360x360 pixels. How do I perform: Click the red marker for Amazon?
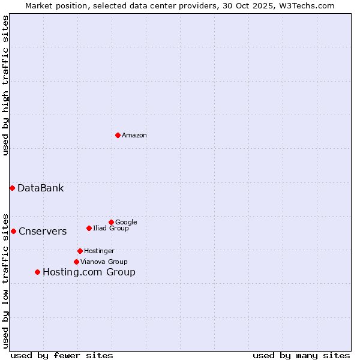(118, 135)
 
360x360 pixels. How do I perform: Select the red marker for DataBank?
(12, 188)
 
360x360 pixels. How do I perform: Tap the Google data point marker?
(111, 222)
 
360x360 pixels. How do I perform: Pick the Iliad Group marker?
(89, 228)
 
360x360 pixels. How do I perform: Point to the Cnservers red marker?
(13, 231)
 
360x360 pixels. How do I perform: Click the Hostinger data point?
(80, 251)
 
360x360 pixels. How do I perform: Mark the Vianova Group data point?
(76, 262)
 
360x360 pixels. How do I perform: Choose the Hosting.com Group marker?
(37, 272)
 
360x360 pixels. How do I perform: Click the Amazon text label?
(134, 136)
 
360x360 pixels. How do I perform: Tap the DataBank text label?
(40, 188)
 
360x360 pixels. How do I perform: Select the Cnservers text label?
(43, 232)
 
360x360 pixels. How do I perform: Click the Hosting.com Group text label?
(89, 272)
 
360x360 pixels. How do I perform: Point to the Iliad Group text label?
(111, 228)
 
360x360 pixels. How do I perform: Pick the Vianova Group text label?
(104, 262)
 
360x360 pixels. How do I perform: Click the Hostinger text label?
(99, 251)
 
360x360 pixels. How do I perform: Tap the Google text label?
(126, 222)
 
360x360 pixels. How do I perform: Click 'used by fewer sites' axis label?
(62, 355)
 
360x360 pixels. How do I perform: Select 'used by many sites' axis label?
(301, 355)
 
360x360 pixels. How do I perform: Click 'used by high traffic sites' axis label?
(6, 85)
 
